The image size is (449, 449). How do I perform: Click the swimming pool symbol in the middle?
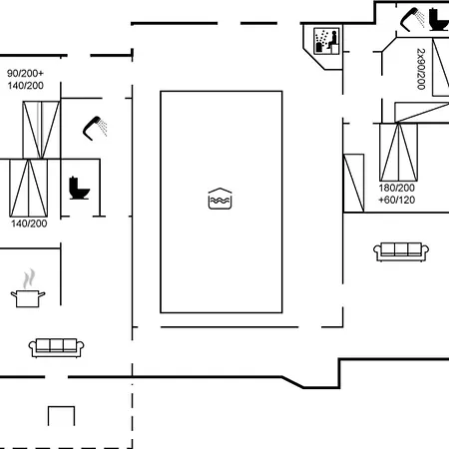coord(220,199)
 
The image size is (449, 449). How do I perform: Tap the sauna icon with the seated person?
coord(326,41)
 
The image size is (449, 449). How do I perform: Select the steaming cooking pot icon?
coord(28,288)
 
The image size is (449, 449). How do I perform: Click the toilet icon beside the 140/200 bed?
coord(79,189)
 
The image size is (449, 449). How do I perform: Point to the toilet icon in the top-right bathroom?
coord(439,20)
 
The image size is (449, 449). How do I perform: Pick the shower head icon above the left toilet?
coord(95,128)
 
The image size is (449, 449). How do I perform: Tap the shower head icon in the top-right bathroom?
coord(412,20)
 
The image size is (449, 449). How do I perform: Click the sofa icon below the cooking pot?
coord(56,348)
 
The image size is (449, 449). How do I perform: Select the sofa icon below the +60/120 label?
coord(401,251)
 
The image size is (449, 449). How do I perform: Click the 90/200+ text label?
coord(25,73)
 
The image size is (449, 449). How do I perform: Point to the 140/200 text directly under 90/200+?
coord(26,86)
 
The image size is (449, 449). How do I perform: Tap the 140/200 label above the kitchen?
coord(29,224)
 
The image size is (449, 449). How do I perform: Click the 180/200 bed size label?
coord(397,188)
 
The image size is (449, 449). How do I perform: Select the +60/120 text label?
coord(397,200)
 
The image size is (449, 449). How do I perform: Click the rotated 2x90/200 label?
coord(421,69)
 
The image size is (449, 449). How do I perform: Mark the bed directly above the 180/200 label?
coord(398,153)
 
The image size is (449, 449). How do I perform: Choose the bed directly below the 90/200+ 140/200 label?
coord(41,130)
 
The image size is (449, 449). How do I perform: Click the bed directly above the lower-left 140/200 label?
coord(29,189)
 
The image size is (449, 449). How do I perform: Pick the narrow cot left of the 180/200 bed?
coord(353,183)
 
